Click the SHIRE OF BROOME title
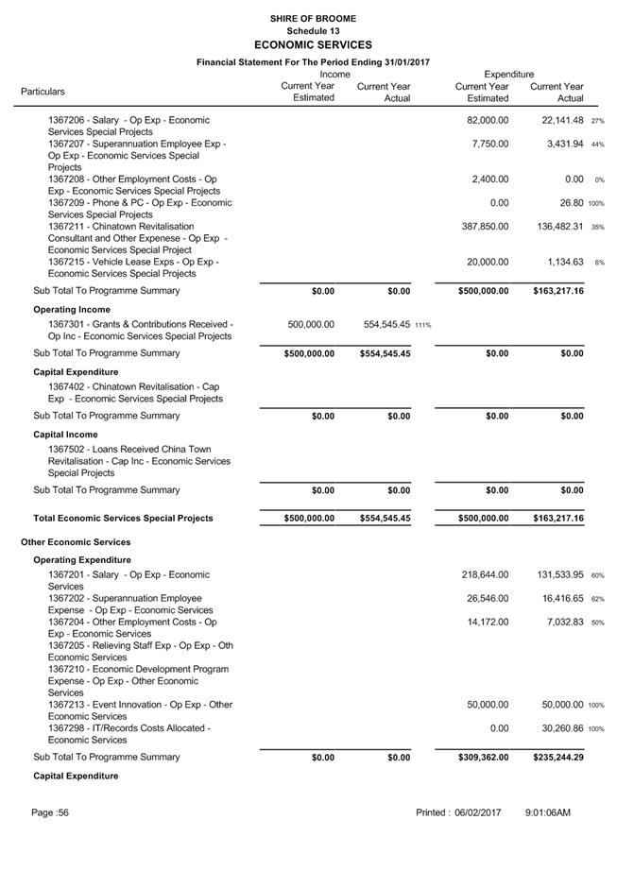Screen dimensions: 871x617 pyautogui.click(x=313, y=18)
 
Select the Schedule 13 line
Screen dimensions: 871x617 pyautogui.click(x=313, y=30)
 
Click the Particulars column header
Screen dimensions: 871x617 pyautogui.click(x=43, y=92)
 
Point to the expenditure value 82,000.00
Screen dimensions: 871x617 pyautogui.click(x=488, y=120)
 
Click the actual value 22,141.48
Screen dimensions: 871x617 pyautogui.click(x=557, y=120)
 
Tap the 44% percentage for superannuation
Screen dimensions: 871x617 pyautogui.click(x=597, y=144)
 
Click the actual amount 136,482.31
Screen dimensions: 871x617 pyautogui.click(x=553, y=227)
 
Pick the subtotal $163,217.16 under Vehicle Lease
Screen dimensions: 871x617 pyautogui.click(x=557, y=291)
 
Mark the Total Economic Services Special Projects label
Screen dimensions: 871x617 pyautogui.click(x=123, y=518)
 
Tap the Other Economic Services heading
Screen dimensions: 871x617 pyautogui.click(x=76, y=542)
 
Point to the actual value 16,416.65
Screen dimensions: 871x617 pyautogui.click(x=557, y=598)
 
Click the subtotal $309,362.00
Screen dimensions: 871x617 pyautogui.click(x=484, y=757)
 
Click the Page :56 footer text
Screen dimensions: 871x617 pyautogui.click(x=50, y=812)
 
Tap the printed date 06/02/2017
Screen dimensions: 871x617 pyautogui.click(x=478, y=812)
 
